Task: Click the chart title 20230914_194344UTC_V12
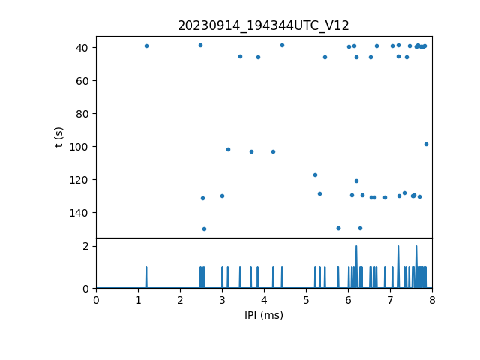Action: (263, 25)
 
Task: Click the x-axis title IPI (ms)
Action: (263, 315)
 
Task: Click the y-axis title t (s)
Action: (59, 137)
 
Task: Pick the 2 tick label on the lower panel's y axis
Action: (86, 246)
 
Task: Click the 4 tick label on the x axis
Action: (264, 301)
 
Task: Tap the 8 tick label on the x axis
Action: (432, 301)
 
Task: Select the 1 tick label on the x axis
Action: (138, 301)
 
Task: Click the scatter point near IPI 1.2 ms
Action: (146, 46)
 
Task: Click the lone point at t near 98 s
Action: (426, 144)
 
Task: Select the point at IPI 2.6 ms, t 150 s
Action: (204, 229)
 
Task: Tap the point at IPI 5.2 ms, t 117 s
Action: (315, 175)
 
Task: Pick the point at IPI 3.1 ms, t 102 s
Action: (228, 149)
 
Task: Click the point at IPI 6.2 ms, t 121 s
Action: (356, 181)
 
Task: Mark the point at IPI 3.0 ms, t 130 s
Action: (222, 196)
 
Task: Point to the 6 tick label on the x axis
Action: (348, 301)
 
